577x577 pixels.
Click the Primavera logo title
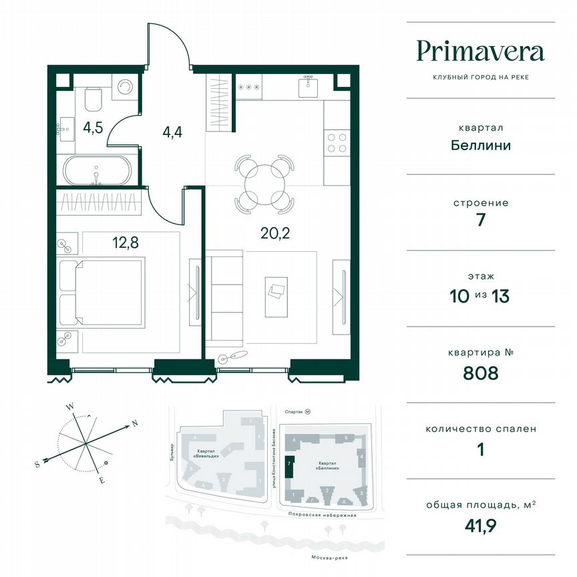point(480,51)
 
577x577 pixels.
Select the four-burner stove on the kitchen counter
point(337,143)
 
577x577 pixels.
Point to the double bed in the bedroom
point(102,293)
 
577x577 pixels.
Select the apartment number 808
point(480,373)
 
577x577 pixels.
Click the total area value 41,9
point(480,526)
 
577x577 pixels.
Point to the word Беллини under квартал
point(480,144)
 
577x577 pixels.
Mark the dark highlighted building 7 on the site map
point(288,465)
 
